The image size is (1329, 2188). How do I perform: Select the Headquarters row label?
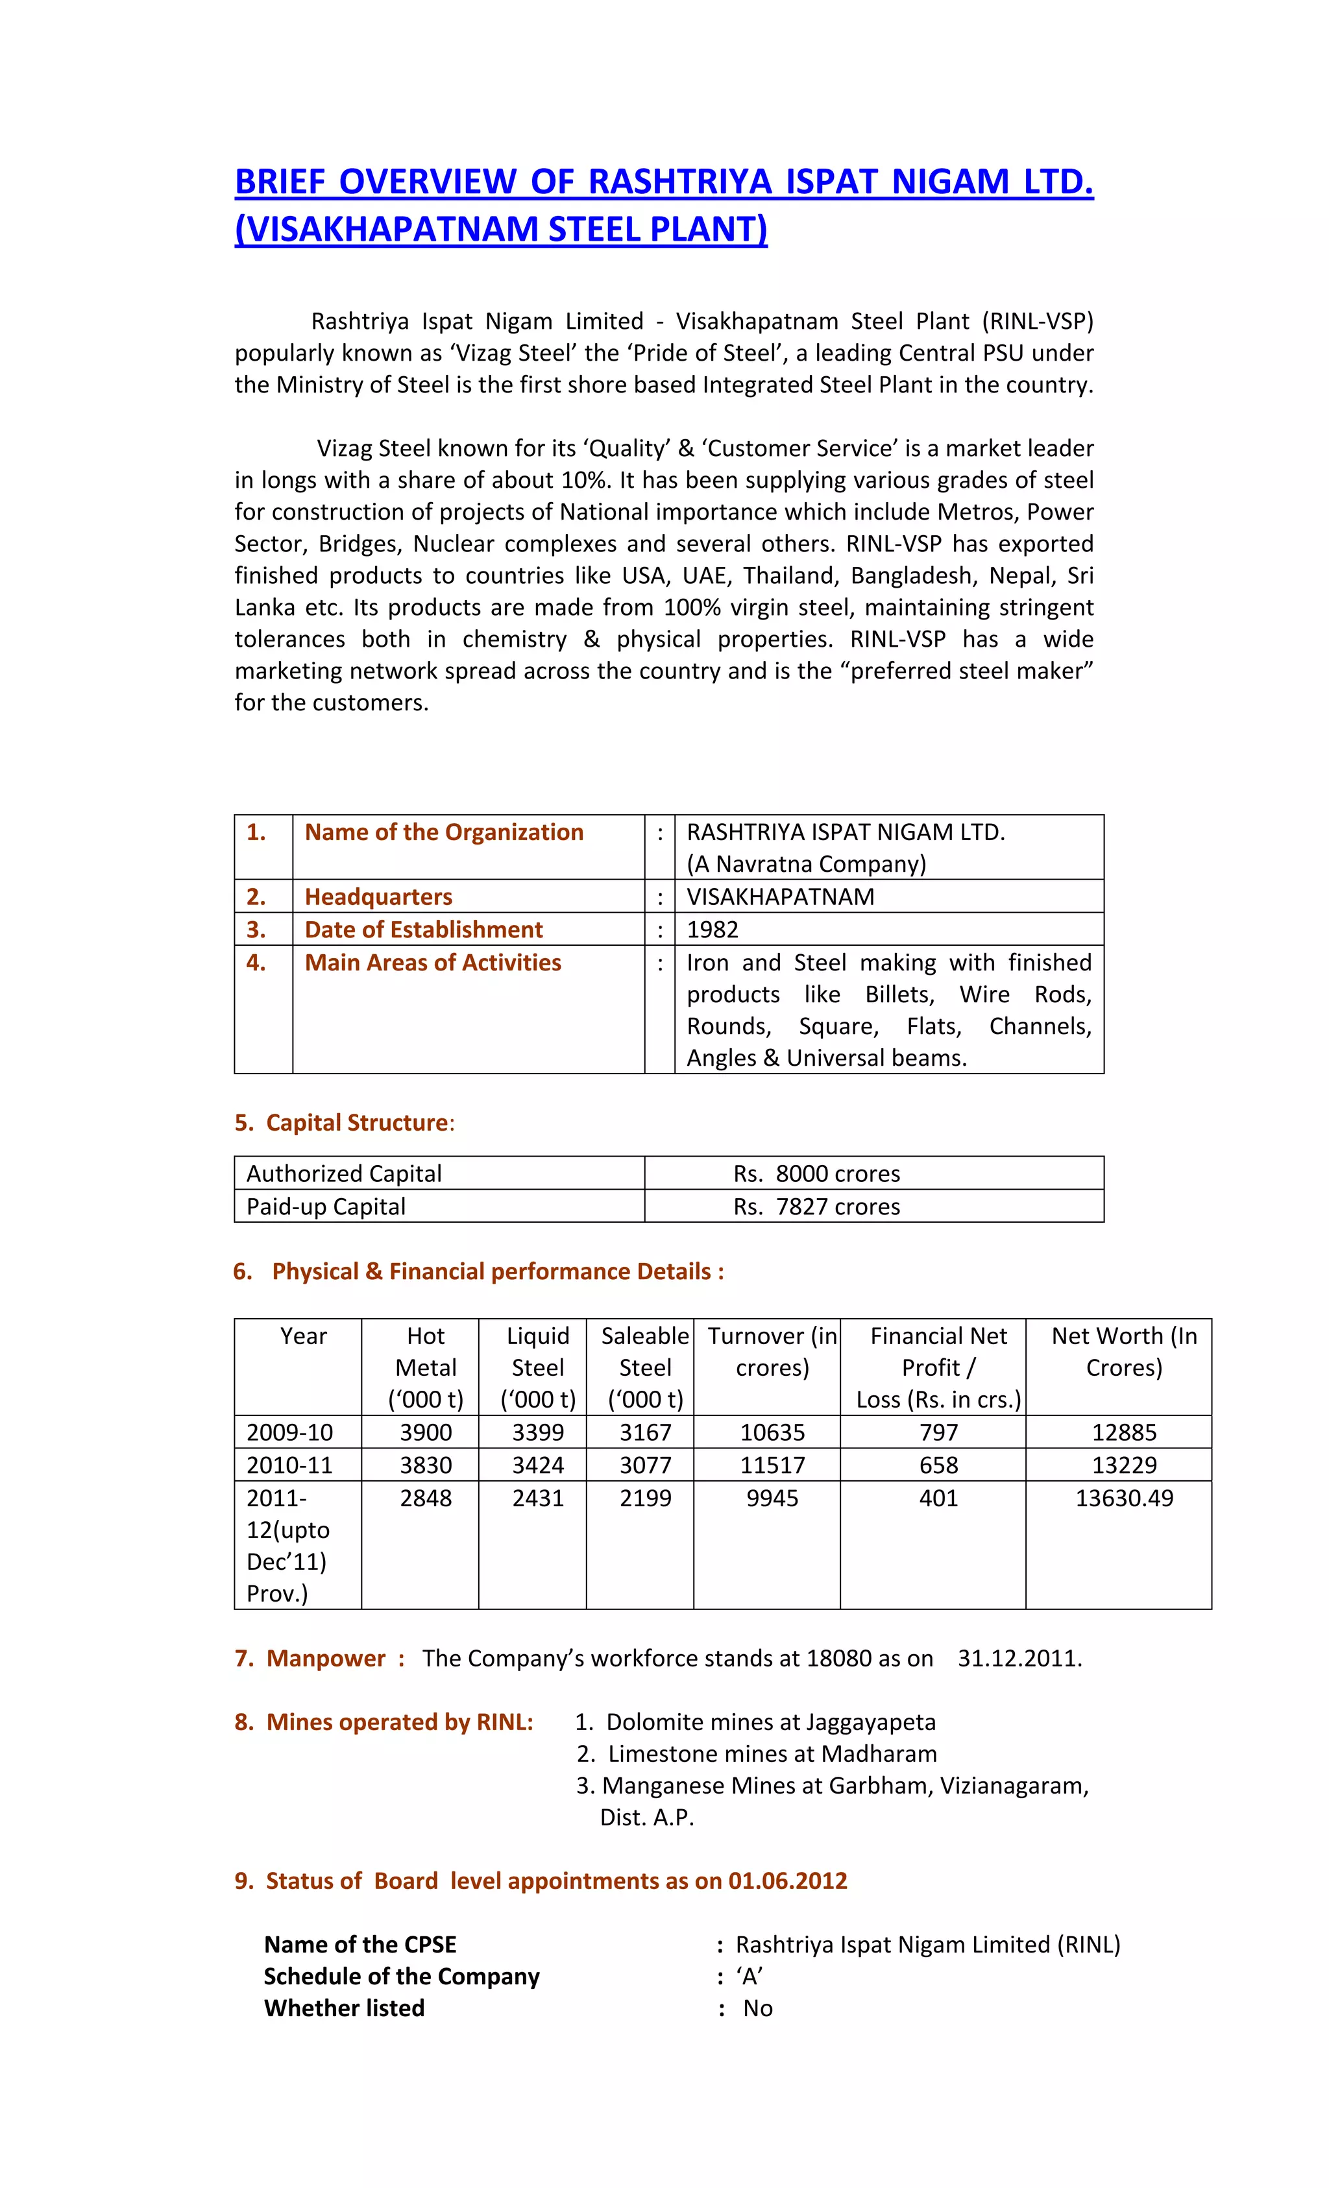(x=378, y=897)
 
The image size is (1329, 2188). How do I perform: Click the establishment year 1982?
(x=713, y=930)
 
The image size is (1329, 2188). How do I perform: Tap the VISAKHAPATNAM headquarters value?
(x=780, y=897)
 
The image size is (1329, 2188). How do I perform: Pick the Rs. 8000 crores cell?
(x=816, y=1174)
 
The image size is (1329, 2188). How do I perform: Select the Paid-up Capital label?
(x=326, y=1207)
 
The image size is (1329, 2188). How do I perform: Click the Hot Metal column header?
(x=426, y=1367)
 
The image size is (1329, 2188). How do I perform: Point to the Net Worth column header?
(x=1124, y=1351)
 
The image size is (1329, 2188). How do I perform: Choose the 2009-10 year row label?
(x=289, y=1432)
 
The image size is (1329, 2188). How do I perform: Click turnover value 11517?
(x=772, y=1465)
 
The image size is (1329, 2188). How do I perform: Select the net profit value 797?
(x=938, y=1432)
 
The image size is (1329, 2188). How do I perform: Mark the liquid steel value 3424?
(x=537, y=1465)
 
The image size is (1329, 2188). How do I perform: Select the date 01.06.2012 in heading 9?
(x=787, y=1881)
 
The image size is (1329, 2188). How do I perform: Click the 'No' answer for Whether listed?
(x=758, y=2008)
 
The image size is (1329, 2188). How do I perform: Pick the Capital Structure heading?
(x=357, y=1124)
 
